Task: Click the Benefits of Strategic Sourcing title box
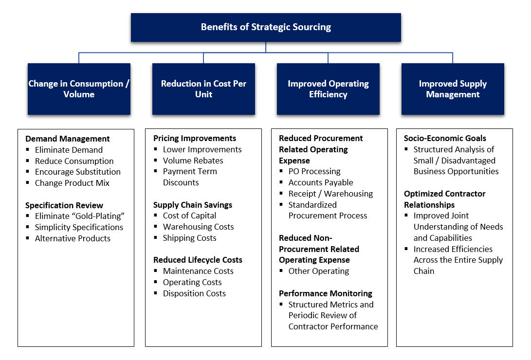266,27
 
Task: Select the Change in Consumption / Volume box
79,89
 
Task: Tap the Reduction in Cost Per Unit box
203,89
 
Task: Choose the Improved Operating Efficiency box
328,89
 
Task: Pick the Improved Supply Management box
453,89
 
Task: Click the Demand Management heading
68,139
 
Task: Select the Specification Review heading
64,205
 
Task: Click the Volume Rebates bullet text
193,161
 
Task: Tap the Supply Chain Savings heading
193,205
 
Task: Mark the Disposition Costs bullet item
194,293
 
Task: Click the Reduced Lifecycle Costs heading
198,260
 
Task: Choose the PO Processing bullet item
314,171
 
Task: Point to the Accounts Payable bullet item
321,182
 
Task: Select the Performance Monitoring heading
326,293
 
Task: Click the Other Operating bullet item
319,271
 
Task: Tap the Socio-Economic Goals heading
445,138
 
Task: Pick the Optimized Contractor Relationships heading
445,199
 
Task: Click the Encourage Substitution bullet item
77,172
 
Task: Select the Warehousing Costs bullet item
198,227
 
